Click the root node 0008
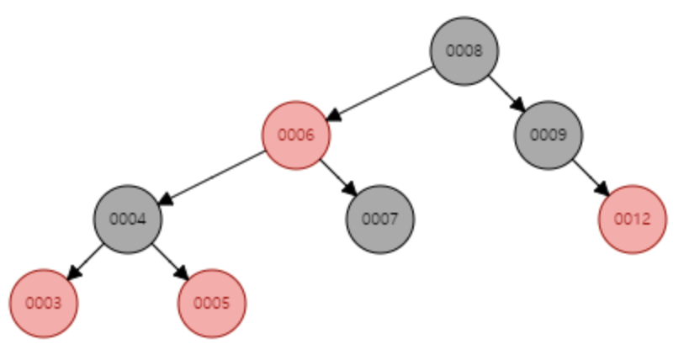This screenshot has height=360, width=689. click(464, 50)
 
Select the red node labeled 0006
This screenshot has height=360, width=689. click(295, 135)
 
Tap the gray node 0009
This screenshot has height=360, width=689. click(549, 135)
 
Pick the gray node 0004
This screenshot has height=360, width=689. click(127, 219)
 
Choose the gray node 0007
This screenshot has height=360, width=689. click(379, 219)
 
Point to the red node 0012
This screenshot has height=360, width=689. click(633, 219)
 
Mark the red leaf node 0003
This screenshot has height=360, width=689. click(44, 303)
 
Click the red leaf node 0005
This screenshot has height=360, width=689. click(212, 303)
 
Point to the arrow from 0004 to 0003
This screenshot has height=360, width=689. click(85, 261)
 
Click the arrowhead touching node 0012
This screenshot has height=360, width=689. click(604, 190)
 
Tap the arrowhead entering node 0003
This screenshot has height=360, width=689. click(72, 274)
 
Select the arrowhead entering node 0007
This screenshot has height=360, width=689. click(351, 190)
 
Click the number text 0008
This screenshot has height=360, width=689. click(464, 50)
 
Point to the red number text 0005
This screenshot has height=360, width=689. click(212, 303)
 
